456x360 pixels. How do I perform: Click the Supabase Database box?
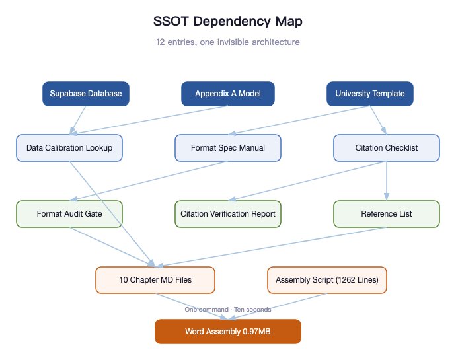[86, 94]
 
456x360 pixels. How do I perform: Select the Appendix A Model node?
[228, 94]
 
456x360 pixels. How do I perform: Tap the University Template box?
[370, 94]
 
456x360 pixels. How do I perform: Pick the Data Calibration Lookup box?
[69, 148]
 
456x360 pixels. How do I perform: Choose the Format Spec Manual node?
[228, 148]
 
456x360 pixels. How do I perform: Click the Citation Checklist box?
[387, 148]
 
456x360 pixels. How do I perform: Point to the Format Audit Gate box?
[69, 214]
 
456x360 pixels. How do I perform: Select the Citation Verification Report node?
[228, 214]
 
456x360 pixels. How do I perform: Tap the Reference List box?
[387, 214]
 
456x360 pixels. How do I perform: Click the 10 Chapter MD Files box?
[155, 280]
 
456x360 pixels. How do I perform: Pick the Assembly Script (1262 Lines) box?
[327, 280]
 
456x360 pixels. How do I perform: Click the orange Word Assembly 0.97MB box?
[228, 332]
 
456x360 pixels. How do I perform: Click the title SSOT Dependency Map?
[228, 21]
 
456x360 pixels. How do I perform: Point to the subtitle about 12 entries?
[228, 42]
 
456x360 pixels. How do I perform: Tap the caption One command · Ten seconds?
[228, 310]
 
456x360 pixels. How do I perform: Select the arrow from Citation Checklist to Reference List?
[387, 181]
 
